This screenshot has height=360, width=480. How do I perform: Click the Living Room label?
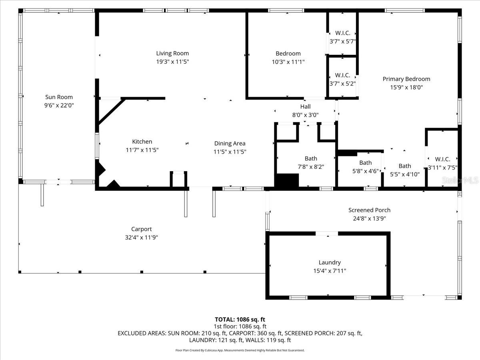[x=172, y=53]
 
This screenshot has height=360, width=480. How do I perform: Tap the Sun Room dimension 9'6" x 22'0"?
[x=59, y=106]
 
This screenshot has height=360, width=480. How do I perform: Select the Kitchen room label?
[x=142, y=142]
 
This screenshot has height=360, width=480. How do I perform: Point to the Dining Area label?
[x=230, y=144]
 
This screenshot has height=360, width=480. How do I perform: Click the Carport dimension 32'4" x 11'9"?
[x=142, y=237]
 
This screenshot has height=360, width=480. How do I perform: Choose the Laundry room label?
[x=330, y=262]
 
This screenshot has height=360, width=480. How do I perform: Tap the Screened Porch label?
[x=369, y=210]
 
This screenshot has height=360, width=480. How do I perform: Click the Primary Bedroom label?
[x=406, y=79]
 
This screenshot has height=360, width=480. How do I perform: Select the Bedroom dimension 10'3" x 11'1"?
[x=288, y=62]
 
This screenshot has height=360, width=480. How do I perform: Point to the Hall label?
[x=305, y=106]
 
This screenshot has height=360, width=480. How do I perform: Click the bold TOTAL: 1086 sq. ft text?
[x=240, y=320]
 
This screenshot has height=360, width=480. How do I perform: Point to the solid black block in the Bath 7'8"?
[x=287, y=180]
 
